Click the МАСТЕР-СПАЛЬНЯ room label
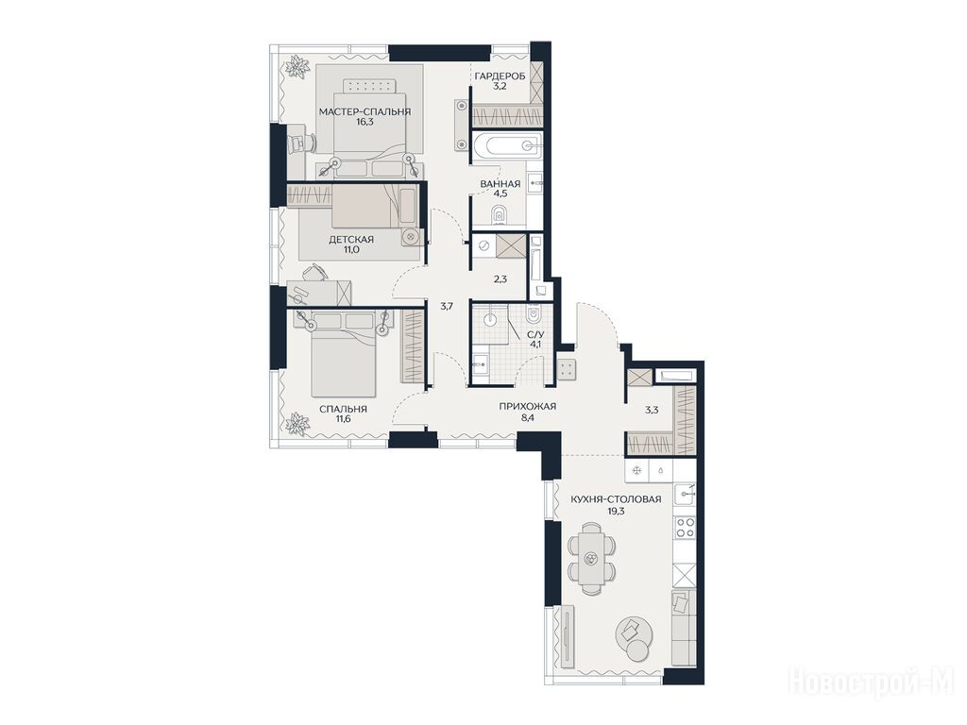tap(365, 111)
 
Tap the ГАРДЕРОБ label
tap(500, 76)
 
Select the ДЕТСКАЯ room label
tap(351, 239)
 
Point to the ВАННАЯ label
tap(500, 184)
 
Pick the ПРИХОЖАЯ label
tap(527, 406)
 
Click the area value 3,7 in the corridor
tap(447, 305)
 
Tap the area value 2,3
tap(500, 278)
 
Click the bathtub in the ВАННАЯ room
tap(506, 145)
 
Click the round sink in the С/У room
tap(490, 319)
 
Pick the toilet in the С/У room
tap(533, 315)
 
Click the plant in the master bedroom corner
tap(297, 67)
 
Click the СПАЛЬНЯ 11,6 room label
tap(343, 413)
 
